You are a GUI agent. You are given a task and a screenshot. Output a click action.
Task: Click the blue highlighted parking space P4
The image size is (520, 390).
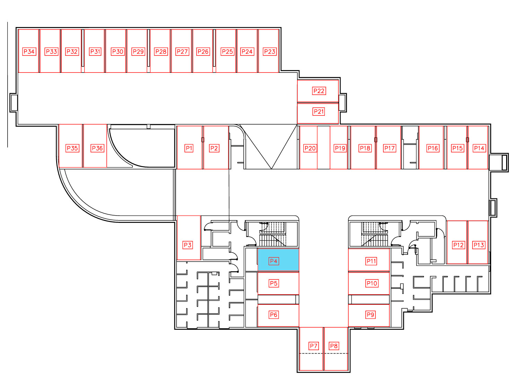point(278,260)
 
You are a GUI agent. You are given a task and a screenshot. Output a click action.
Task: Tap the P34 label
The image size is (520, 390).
point(29,51)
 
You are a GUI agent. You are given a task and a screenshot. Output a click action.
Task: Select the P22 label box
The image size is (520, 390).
point(319,91)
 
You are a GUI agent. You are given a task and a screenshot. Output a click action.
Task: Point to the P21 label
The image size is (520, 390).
point(319,112)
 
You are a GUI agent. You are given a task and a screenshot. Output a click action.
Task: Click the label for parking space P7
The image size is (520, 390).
point(313,346)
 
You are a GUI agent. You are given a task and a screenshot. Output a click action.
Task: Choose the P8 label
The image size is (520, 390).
point(334,346)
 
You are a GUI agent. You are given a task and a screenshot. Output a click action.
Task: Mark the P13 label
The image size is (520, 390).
point(478,245)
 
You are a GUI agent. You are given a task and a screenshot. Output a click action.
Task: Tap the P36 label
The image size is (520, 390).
point(97,148)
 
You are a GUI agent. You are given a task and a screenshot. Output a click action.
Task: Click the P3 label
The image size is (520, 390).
point(188,245)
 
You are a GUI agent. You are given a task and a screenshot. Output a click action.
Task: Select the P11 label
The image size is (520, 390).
point(371,261)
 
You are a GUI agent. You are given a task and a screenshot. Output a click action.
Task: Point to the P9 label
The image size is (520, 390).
point(370,315)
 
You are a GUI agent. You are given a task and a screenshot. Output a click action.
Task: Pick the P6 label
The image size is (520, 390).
point(274,315)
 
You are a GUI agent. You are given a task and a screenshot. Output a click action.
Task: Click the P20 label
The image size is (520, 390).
point(310,148)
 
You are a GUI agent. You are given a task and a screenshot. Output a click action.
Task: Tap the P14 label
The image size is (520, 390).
point(479,148)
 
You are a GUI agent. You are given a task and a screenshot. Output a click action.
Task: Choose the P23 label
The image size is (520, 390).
point(270,51)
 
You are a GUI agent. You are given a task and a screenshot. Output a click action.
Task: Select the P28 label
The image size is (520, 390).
point(161,51)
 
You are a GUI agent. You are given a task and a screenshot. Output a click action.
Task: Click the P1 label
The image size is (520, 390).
point(189,148)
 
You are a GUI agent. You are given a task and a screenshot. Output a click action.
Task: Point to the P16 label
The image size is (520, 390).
point(433,148)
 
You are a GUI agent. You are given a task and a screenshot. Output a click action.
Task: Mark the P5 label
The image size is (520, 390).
point(274,283)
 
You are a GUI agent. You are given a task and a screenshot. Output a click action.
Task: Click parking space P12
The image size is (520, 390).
point(457,242)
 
